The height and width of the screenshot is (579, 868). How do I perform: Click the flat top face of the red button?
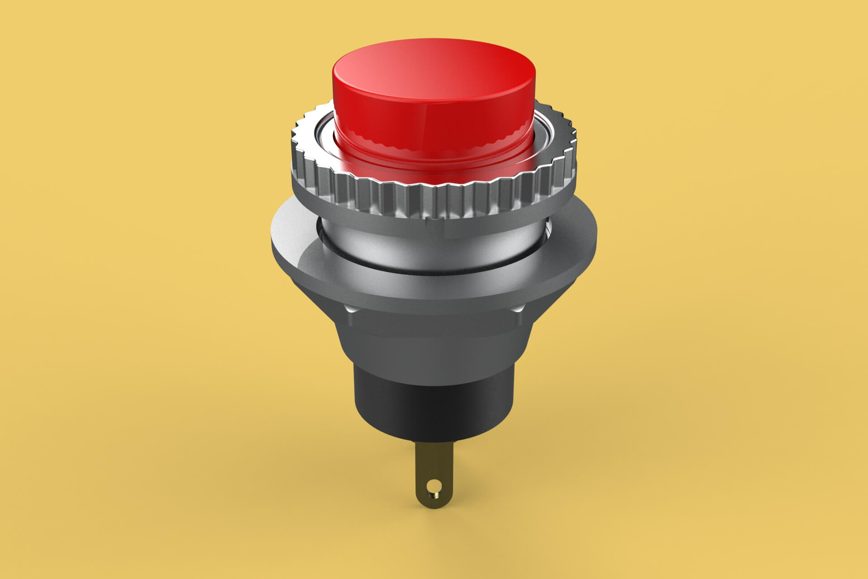pos(434,72)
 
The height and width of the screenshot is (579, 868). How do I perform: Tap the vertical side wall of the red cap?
pos(434,122)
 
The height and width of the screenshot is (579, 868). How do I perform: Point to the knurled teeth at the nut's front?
pos(434,199)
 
